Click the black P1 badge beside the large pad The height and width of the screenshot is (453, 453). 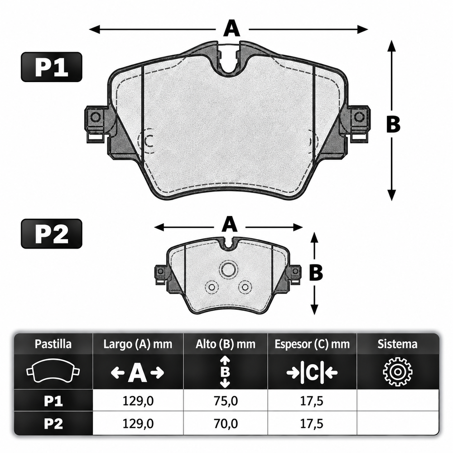pyautogui.click(x=52, y=67)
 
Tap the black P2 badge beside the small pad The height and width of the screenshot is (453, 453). pyautogui.click(x=52, y=234)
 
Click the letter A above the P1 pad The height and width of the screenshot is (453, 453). pyautogui.click(x=231, y=28)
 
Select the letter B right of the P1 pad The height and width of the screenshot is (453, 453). pyautogui.click(x=393, y=125)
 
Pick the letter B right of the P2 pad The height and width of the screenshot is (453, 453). pyautogui.click(x=316, y=272)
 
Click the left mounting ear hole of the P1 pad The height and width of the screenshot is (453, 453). pyautogui.click(x=95, y=117)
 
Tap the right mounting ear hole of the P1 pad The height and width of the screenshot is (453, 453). pyautogui.click(x=359, y=117)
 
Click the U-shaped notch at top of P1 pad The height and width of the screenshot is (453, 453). pyautogui.click(x=230, y=70)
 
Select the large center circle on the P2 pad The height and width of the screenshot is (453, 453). pyautogui.click(x=228, y=269)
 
